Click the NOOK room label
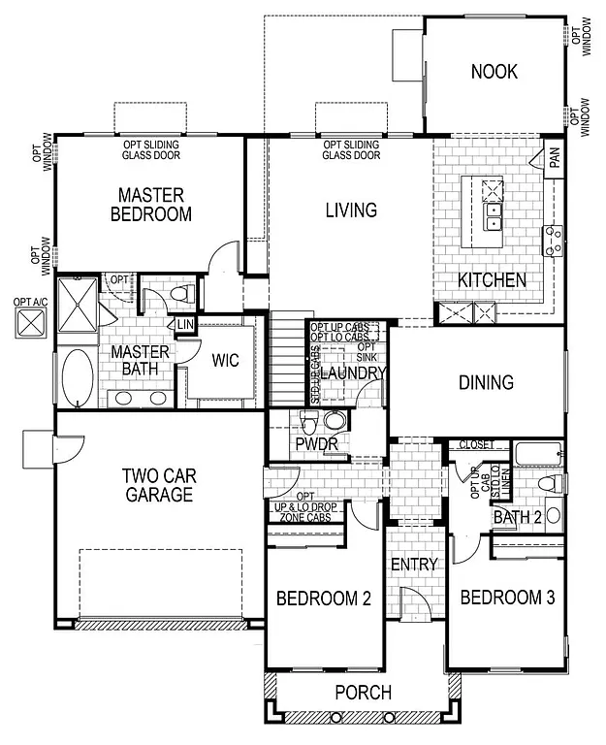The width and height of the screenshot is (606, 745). pyautogui.click(x=494, y=72)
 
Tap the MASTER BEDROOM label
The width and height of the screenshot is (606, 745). pyautogui.click(x=155, y=205)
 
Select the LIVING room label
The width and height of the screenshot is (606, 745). pyautogui.click(x=350, y=210)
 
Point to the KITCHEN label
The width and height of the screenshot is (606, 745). pyautogui.click(x=493, y=280)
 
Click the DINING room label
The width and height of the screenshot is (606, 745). pyautogui.click(x=486, y=382)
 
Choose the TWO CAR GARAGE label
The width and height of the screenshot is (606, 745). pyautogui.click(x=158, y=485)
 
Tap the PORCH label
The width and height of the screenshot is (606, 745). pyautogui.click(x=363, y=693)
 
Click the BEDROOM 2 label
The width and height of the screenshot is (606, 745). pyautogui.click(x=324, y=599)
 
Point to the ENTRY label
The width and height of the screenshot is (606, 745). pyautogui.click(x=414, y=564)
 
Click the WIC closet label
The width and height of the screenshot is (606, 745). pyautogui.click(x=226, y=360)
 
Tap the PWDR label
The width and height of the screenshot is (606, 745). pyautogui.click(x=316, y=444)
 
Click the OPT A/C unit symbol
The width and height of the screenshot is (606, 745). pyautogui.click(x=29, y=322)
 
